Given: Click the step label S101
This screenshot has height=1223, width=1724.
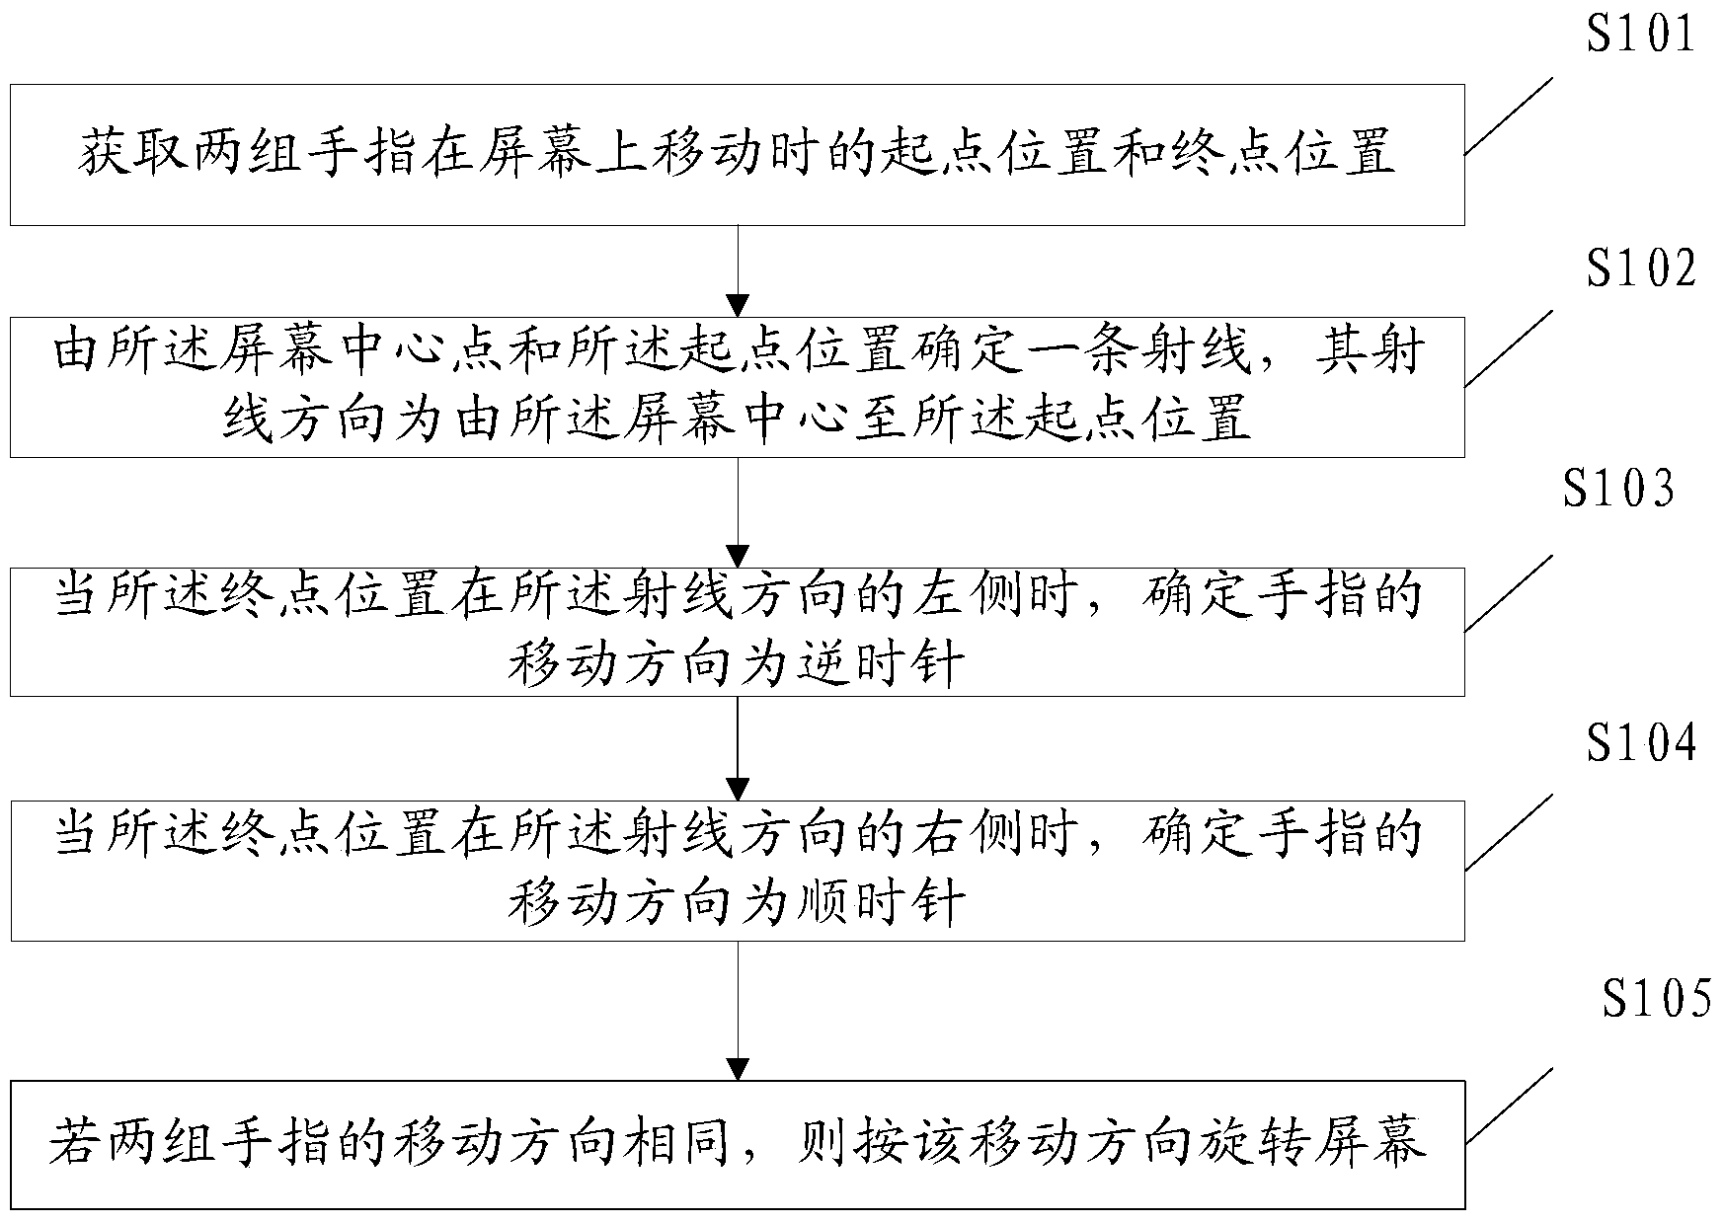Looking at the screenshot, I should coord(1640,35).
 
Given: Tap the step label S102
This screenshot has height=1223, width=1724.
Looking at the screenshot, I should coord(1640,268).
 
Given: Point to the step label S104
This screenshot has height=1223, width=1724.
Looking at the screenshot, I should coord(1640,742).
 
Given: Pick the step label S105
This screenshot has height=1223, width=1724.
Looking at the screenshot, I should coord(1656,999).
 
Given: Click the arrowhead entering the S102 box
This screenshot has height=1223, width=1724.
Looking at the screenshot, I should coord(738,305).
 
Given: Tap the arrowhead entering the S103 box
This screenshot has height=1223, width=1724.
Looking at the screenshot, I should coord(738,556).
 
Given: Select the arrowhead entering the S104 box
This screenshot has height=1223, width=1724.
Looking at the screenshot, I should coord(738,790).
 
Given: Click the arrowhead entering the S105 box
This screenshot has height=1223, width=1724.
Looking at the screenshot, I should coord(738,1069).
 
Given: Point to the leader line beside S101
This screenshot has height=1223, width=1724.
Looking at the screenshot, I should coord(1508,116).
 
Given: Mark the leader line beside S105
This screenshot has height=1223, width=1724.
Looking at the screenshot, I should coord(1508,1106).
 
